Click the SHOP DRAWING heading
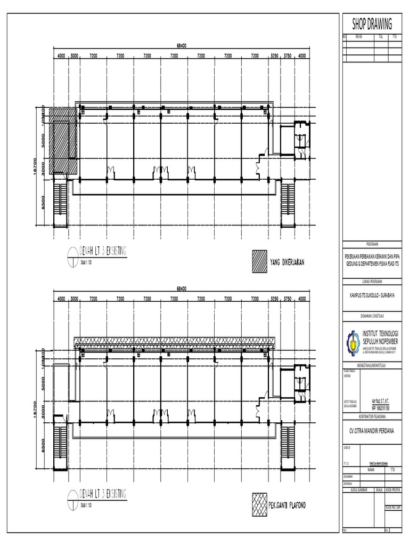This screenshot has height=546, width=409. point(372,23)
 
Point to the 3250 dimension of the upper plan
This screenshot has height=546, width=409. point(275,55)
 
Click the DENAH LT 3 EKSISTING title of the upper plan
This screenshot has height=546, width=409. point(103,253)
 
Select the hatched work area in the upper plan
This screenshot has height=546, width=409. point(63,141)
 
